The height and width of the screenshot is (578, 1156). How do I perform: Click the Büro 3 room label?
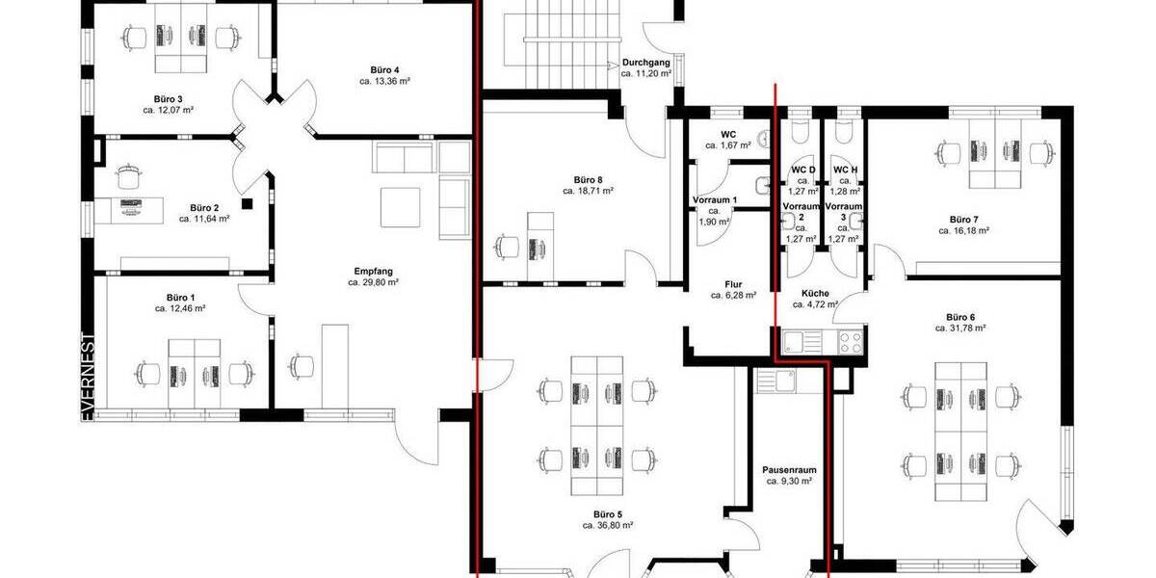coord(168,98)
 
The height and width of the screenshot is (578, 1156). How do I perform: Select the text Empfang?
coord(373,271)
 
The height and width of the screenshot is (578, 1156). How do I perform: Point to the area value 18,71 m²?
coord(589,192)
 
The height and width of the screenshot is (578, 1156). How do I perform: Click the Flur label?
coord(732,284)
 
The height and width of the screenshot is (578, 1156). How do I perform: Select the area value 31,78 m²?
coord(960,328)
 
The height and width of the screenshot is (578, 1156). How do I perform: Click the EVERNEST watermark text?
coord(89,377)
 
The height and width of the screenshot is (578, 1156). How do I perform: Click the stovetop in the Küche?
coord(849,340)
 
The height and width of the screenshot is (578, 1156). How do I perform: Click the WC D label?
coord(802,170)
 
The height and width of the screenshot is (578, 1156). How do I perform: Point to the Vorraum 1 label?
coord(714,200)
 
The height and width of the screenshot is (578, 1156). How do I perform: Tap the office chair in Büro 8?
coord(506,246)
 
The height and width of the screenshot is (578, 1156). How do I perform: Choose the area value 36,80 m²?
coord(608,526)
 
